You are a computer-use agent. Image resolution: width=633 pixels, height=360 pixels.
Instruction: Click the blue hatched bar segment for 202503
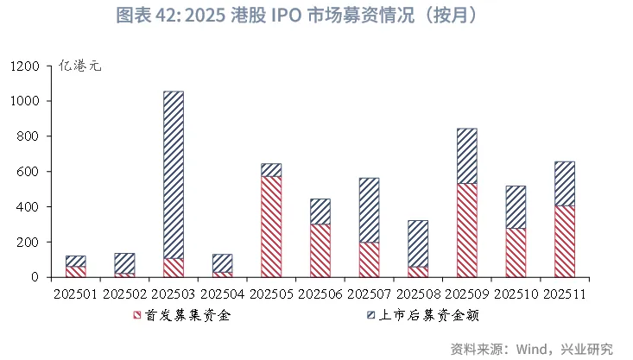(x=174, y=174)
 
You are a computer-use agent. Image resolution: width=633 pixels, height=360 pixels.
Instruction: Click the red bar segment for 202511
(x=564, y=241)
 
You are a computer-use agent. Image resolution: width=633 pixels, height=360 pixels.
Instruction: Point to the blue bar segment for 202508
(x=418, y=243)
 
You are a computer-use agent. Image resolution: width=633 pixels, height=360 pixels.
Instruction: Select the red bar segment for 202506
(x=320, y=250)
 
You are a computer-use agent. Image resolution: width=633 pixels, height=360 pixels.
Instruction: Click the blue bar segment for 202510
(x=516, y=207)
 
